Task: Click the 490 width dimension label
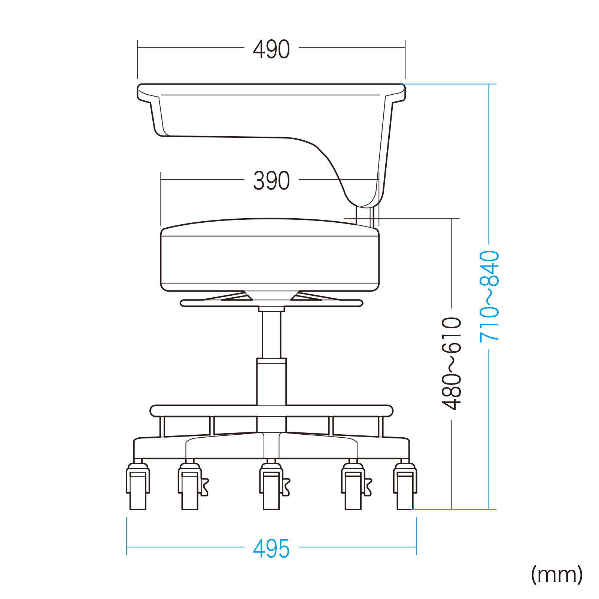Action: pyautogui.click(x=271, y=49)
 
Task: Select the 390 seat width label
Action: pyautogui.click(x=271, y=181)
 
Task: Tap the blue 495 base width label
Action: pyautogui.click(x=271, y=549)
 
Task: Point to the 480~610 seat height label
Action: pyautogui.click(x=451, y=364)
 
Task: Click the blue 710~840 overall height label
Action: pyautogui.click(x=489, y=296)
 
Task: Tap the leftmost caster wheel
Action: pyautogui.click(x=138, y=487)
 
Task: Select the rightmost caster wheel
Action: pyautogui.click(x=405, y=487)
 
